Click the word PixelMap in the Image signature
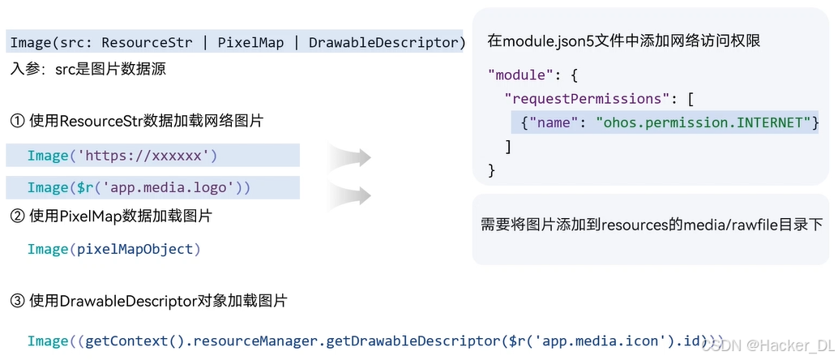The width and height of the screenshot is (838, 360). (250, 42)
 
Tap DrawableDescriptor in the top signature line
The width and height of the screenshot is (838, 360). (384, 42)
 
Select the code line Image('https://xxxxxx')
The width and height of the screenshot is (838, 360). (122, 156)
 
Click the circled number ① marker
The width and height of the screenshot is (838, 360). (18, 122)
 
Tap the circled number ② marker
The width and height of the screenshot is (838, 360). (18, 216)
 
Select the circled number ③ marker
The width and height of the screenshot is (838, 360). (18, 302)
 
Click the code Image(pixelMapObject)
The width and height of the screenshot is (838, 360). (113, 249)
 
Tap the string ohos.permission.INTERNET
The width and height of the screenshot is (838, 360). (703, 122)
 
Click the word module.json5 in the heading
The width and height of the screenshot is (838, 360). (540, 40)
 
